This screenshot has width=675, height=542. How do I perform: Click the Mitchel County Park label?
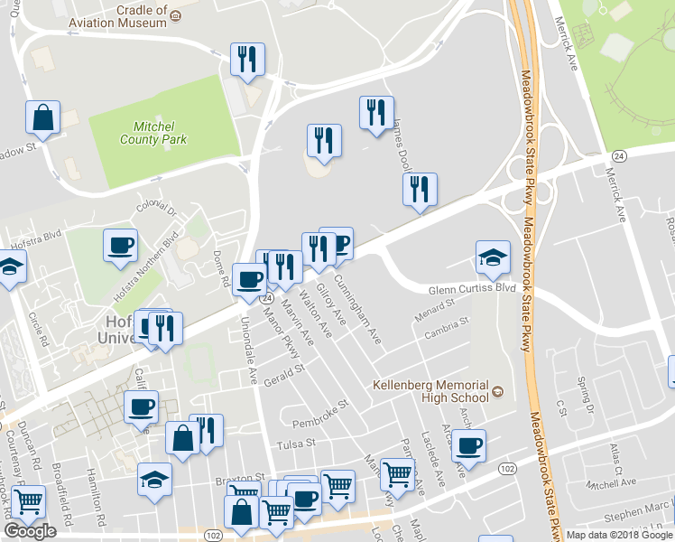pos(153,134)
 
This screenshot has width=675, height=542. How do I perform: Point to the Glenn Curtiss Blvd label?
pos(470,288)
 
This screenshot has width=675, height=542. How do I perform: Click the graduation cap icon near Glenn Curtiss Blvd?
pos(493,257)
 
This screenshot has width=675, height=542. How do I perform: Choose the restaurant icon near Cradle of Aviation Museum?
pos(245,60)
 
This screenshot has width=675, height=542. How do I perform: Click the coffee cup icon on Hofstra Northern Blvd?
pos(120,245)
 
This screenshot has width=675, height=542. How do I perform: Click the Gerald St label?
pos(284,375)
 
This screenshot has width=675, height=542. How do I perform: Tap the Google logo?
pos(30,531)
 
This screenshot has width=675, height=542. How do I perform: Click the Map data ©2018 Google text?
pos(619,535)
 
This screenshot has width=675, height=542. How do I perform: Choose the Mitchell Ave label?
pos(605,485)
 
